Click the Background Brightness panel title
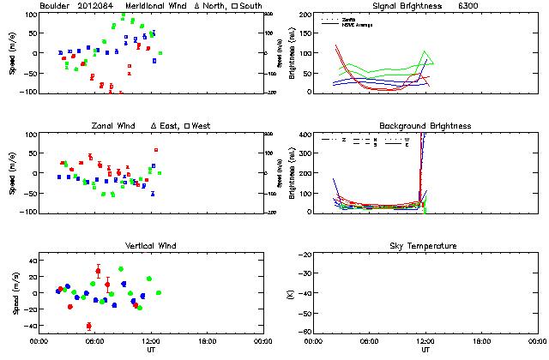pos(425,126)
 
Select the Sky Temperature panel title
pos(425,247)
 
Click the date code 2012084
pos(100,7)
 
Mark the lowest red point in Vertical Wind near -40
pos(89,326)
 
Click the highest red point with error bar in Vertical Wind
pos(98,272)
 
